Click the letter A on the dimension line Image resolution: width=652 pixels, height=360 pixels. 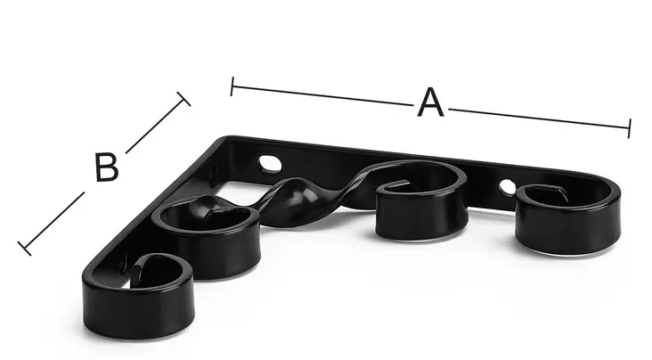pos(430,102)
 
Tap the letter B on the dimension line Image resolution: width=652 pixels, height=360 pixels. pos(107,167)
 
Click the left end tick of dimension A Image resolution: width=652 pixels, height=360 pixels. pos(232,86)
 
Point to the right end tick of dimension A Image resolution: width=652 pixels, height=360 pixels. pos(630,128)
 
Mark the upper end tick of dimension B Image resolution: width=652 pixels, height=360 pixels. pos(183,99)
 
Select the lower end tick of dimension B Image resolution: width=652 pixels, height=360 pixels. pos(24,248)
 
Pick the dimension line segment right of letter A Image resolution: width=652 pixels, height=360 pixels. pos(539,119)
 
